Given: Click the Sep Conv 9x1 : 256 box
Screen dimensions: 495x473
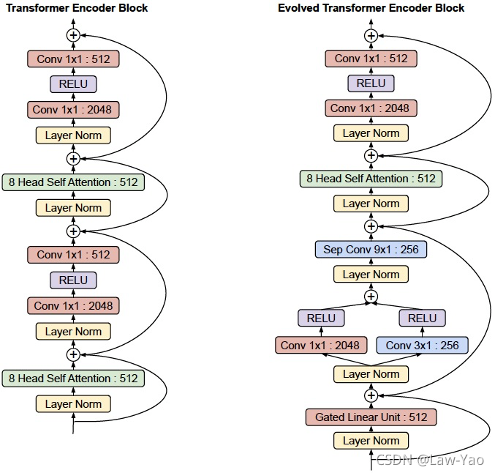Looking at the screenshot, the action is pyautogui.click(x=371, y=250).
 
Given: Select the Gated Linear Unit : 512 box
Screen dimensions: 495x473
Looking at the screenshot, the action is pyautogui.click(x=371, y=417).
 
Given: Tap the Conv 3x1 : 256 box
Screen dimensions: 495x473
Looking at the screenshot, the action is pyautogui.click(x=422, y=345).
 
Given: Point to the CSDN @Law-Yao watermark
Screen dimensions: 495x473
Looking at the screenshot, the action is pyautogui.click(x=430, y=460).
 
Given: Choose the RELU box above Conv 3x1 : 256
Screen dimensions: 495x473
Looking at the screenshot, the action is pyautogui.click(x=422, y=318).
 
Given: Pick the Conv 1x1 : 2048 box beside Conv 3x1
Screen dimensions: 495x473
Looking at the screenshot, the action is pyautogui.click(x=321, y=345).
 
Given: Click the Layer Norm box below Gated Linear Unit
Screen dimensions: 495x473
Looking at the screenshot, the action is pyautogui.click(x=371, y=441).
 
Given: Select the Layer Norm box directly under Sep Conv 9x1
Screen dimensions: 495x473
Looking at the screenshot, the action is pyautogui.click(x=371, y=274).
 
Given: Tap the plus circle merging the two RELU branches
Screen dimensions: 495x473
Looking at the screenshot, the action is pyautogui.click(x=371, y=297).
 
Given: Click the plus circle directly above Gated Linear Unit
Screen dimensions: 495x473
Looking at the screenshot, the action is pyautogui.click(x=371, y=395).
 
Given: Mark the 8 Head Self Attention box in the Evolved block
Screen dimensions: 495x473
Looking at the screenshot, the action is pyautogui.click(x=371, y=179).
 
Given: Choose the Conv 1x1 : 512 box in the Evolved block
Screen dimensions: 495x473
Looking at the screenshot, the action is pyautogui.click(x=371, y=59).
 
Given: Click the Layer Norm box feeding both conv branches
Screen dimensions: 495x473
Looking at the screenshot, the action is pyautogui.click(x=371, y=374).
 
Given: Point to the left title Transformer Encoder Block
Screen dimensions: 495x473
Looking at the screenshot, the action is pyautogui.click(x=77, y=8).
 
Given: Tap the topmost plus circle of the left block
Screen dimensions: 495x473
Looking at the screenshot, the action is pyautogui.click(x=73, y=35).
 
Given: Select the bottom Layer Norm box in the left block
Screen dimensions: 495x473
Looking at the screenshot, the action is pyautogui.click(x=73, y=403).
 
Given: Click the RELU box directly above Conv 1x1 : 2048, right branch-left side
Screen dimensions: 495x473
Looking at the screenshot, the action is pyautogui.click(x=321, y=318).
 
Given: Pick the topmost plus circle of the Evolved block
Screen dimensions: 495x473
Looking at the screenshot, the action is pyautogui.click(x=371, y=36).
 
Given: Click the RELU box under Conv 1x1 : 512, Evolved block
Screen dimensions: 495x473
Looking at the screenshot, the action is pyautogui.click(x=371, y=83).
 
